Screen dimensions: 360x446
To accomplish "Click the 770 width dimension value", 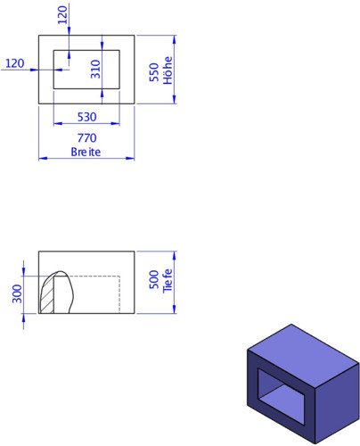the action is [x=87, y=138].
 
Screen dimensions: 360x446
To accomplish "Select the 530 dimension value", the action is [x=87, y=117].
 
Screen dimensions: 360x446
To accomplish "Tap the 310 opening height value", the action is [x=95, y=70].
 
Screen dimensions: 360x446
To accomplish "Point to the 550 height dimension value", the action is [x=154, y=72].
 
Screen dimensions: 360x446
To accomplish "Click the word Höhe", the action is [x=168, y=70].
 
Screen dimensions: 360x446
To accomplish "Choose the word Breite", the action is [x=86, y=152].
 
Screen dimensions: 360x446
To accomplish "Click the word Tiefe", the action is [x=168, y=281].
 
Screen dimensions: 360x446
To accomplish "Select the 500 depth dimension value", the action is [x=154, y=279].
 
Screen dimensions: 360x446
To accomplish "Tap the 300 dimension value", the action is [x=18, y=293].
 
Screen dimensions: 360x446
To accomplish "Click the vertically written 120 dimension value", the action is [x=62, y=15].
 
